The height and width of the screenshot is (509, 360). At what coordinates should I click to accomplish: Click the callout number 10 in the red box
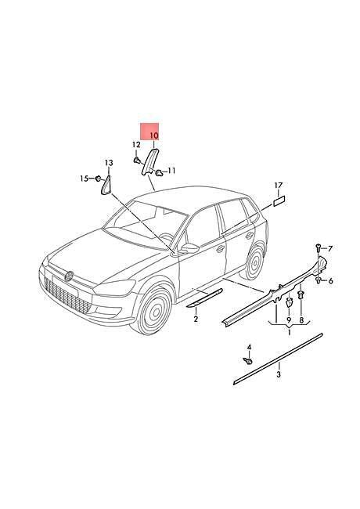[x=154, y=135]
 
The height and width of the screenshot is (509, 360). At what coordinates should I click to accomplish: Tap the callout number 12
[x=136, y=144]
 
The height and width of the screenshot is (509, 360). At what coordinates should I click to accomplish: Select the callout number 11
[x=171, y=171]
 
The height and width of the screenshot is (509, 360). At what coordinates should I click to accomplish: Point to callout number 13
[x=109, y=163]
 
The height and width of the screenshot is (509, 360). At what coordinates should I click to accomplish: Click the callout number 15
[x=85, y=179]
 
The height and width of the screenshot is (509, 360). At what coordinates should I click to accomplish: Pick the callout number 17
[x=330, y=280]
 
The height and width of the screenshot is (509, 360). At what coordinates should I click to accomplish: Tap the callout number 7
[x=330, y=249]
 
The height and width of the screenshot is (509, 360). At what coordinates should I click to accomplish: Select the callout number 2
[x=196, y=319]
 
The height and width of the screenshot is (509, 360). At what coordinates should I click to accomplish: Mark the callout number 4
[x=249, y=348]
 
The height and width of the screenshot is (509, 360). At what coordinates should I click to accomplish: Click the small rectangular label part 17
[x=279, y=200]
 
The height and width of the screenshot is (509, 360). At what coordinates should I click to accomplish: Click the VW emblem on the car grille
[x=69, y=276]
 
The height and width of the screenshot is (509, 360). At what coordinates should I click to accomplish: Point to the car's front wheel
[x=151, y=309]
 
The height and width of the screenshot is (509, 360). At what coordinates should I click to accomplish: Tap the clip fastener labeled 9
[x=288, y=304]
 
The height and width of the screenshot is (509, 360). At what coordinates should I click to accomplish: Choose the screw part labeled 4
[x=248, y=361]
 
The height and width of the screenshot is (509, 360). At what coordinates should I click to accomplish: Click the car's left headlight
[x=114, y=287]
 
